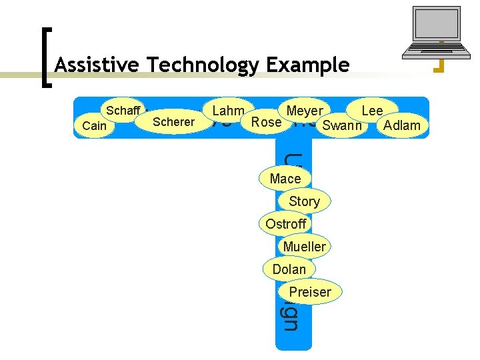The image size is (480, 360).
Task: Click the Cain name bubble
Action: coord(94,125)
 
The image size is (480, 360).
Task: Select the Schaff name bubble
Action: coord(123,111)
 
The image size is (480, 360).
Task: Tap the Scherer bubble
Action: coord(173,122)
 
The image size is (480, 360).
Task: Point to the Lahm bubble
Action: coord(228,111)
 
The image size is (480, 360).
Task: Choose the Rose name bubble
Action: coord(267,122)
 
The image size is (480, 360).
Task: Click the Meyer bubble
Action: coord(304,111)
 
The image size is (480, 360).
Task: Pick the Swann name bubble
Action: coord(341,125)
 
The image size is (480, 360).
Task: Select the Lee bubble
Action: coord(372,111)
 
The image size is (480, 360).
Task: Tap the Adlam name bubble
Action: coord(402,125)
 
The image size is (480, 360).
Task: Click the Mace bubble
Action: coord(285,179)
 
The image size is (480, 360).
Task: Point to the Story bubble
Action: coord(304,201)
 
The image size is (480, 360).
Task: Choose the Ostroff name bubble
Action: coord(285,224)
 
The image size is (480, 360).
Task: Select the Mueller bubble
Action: coord(304,247)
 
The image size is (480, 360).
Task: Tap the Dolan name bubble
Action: coord(289,269)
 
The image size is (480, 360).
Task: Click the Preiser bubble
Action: coord(310,292)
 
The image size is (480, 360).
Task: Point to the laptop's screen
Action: coord(437,23)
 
